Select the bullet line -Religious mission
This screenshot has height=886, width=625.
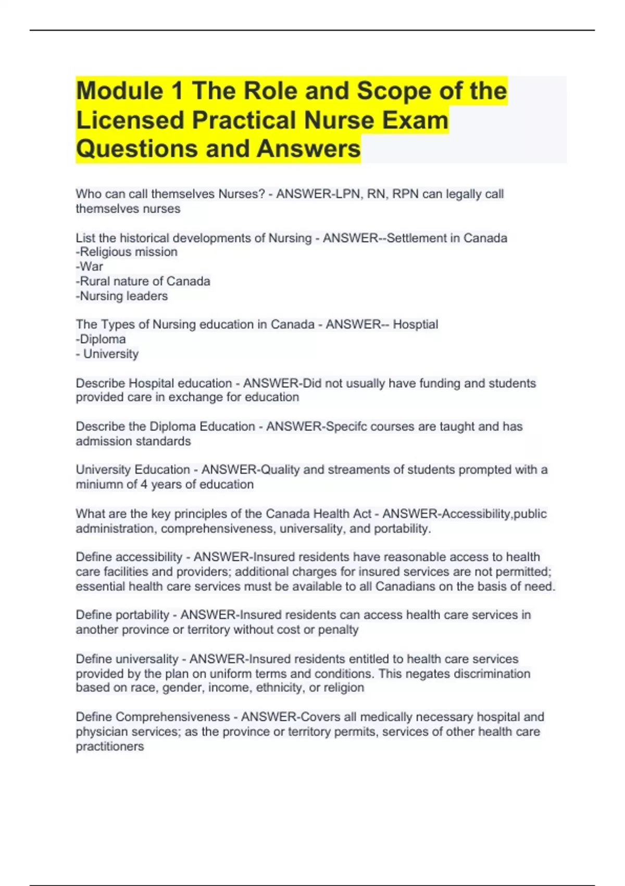pyautogui.click(x=127, y=252)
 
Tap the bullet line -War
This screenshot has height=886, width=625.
pyautogui.click(x=90, y=267)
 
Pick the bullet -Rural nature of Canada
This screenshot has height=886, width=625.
pyautogui.click(x=143, y=281)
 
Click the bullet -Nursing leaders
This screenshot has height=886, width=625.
pyautogui.click(x=122, y=296)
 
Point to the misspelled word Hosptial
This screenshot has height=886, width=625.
pyautogui.click(x=415, y=325)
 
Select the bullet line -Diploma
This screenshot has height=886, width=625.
pyautogui.click(x=101, y=339)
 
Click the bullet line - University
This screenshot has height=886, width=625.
pyautogui.click(x=107, y=354)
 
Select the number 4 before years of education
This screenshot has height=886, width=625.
pyautogui.click(x=144, y=485)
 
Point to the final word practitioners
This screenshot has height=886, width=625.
pyautogui.click(x=110, y=746)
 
